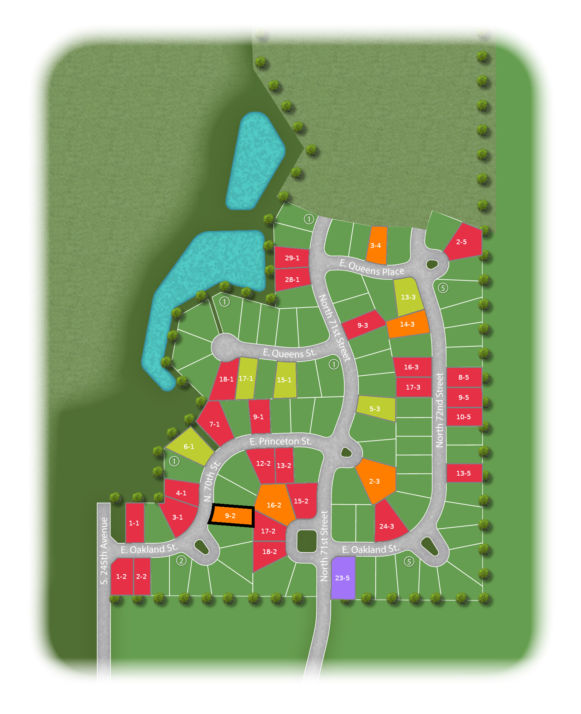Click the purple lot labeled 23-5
point(343,578)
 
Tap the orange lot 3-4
point(376,245)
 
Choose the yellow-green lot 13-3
point(408,297)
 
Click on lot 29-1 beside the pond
point(292,258)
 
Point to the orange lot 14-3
point(407,324)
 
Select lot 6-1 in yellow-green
point(189,446)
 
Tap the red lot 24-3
point(387,526)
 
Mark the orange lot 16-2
point(274,505)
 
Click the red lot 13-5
point(464,473)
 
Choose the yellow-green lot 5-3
point(375,409)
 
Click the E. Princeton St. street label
point(281,442)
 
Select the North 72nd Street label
point(439,410)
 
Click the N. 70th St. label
point(212,481)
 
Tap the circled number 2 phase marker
point(181,561)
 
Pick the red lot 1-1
point(134,523)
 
